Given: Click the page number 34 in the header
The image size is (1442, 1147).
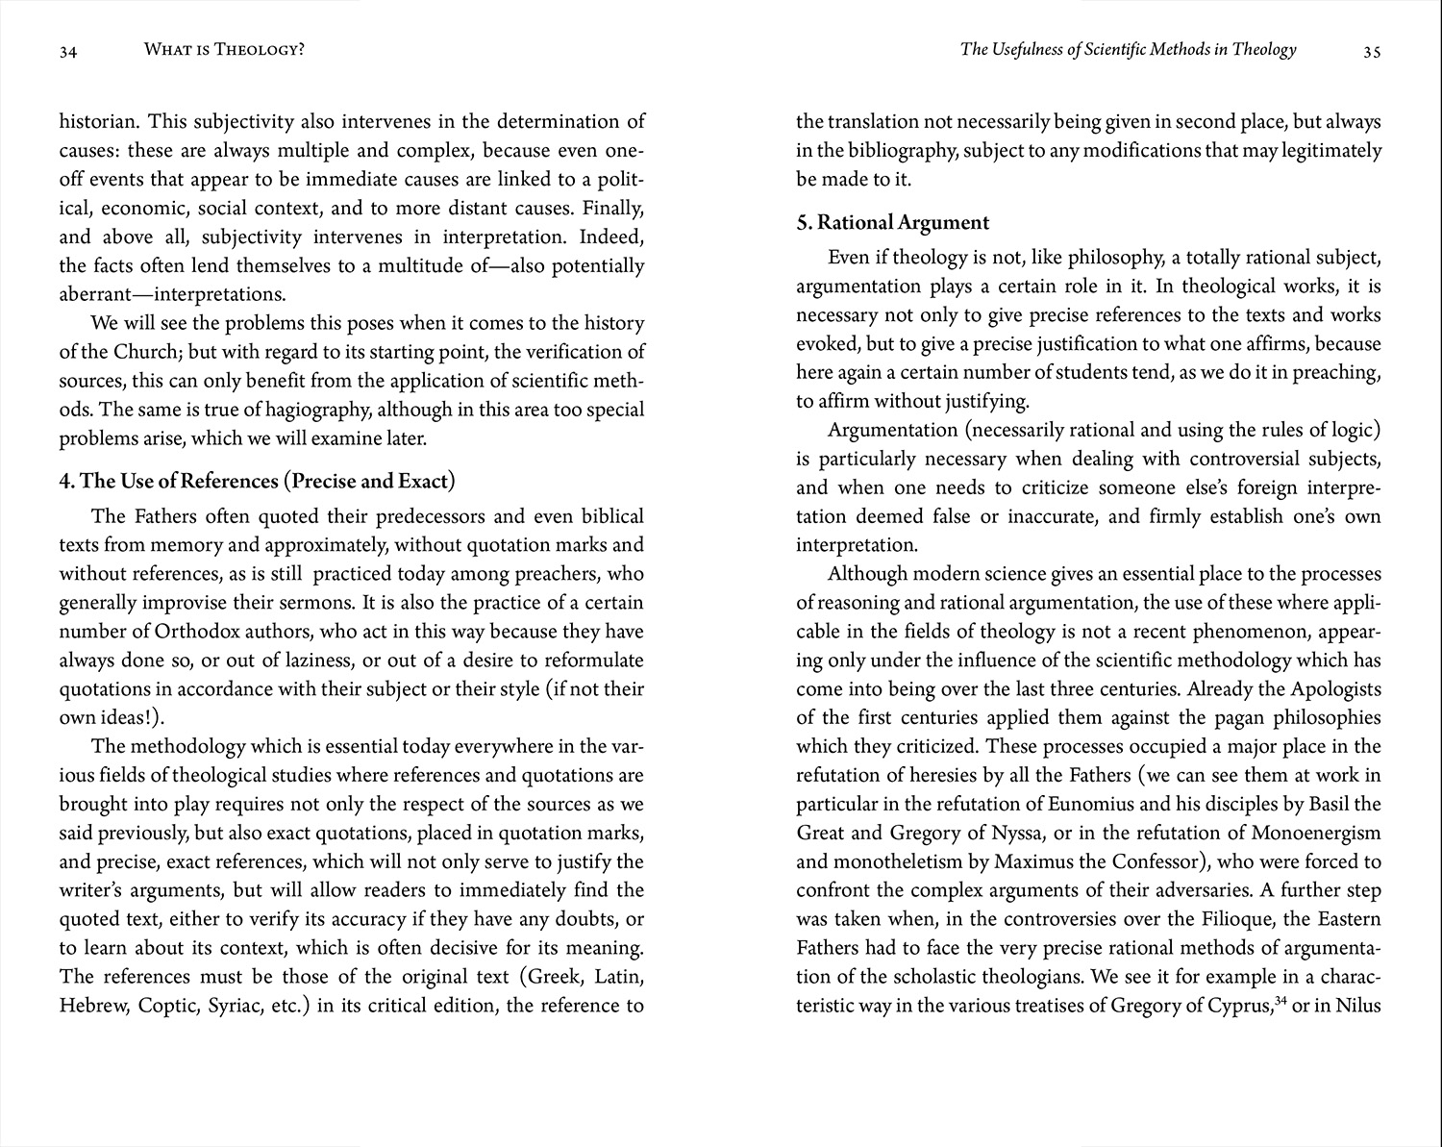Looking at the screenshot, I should coord(67,53).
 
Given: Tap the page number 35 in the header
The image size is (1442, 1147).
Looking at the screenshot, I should coord(1372,53).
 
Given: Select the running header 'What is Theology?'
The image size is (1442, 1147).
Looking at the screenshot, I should coord(224,48).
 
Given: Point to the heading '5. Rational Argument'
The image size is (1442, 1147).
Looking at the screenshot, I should coord(892,222).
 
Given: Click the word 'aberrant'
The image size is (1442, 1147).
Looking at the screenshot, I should coord(92,294).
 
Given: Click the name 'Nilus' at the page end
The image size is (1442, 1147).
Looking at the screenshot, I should coord(1358,1006).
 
